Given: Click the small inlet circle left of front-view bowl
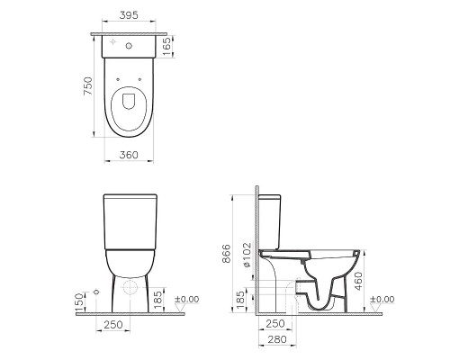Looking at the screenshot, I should point(94,294).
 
